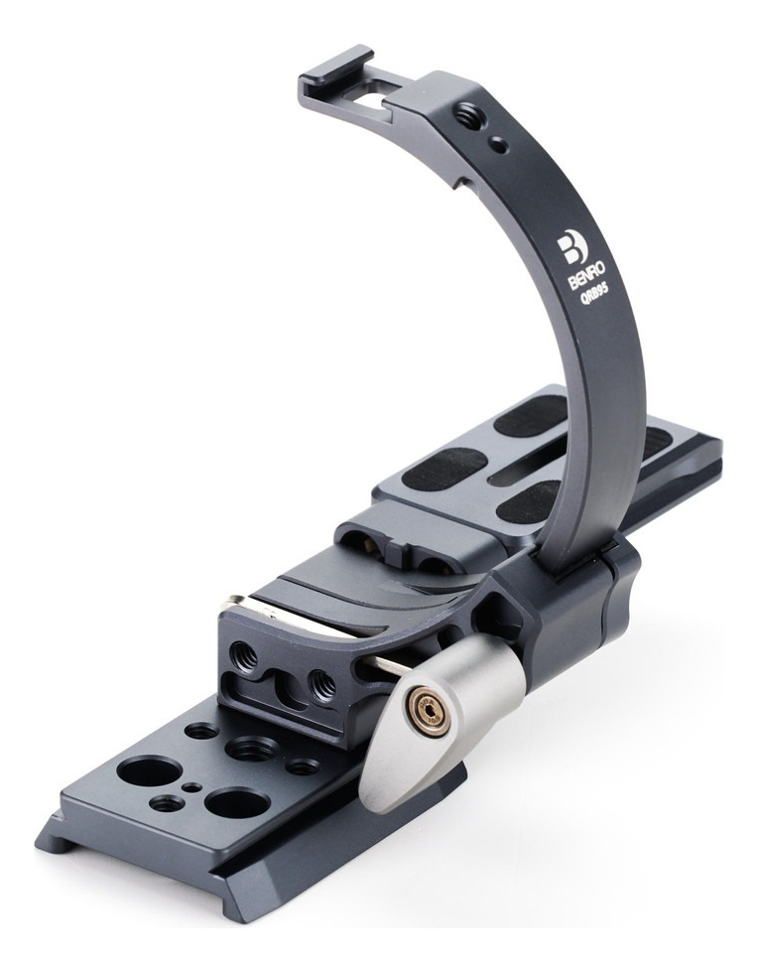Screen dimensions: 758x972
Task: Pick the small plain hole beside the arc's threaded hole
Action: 500,146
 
